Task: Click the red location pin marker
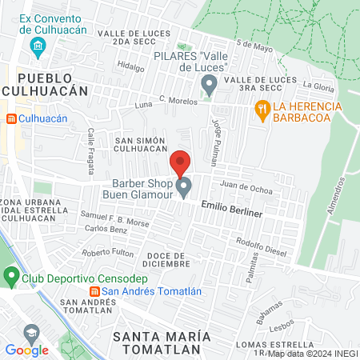180,162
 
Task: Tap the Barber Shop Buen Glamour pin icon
184,189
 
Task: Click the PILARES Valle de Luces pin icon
210,83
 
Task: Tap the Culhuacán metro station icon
11,118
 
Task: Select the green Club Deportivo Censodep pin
11,277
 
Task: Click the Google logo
26,350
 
